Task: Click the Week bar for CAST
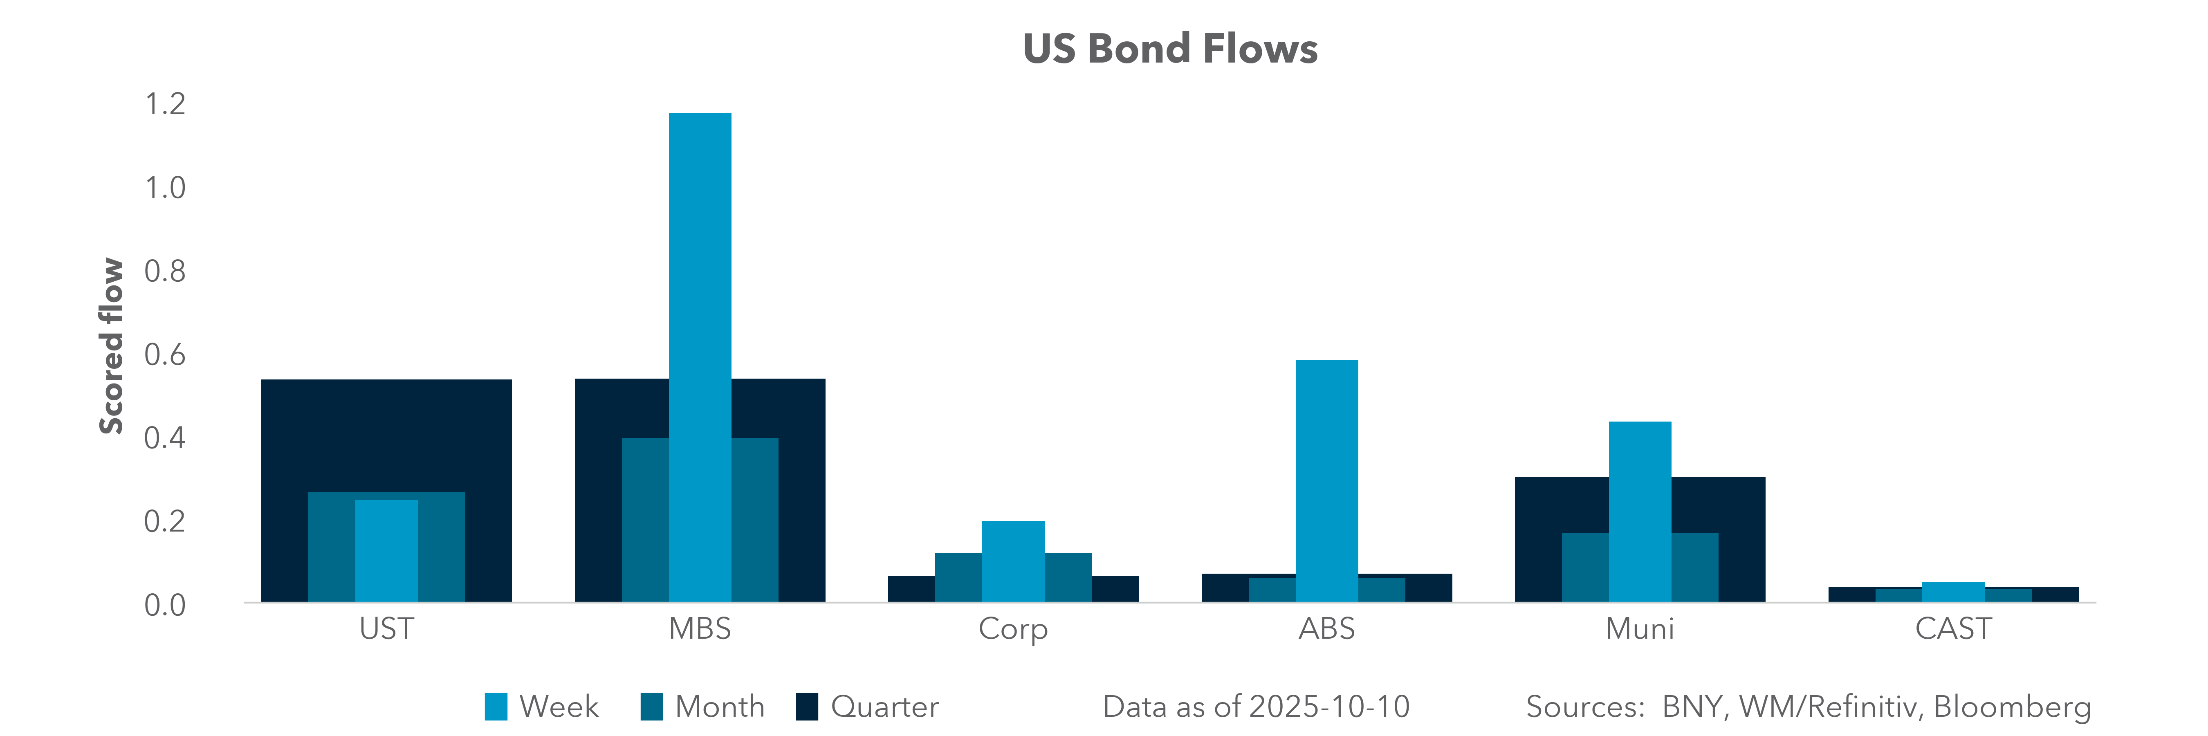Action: click(x=1953, y=591)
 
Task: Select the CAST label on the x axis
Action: click(x=1953, y=629)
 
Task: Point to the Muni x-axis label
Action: click(x=1640, y=629)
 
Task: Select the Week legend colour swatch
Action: click(x=496, y=707)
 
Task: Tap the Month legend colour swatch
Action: click(x=651, y=707)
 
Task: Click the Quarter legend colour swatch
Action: click(x=807, y=707)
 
